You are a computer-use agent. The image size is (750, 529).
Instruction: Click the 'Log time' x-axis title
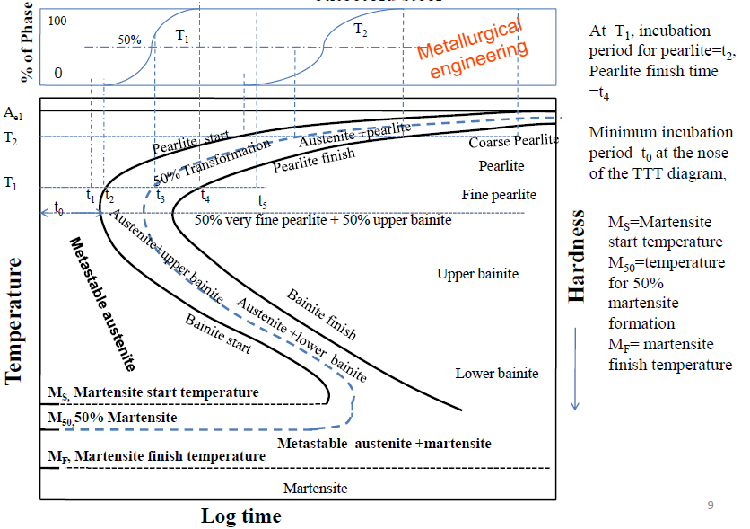pos(241,516)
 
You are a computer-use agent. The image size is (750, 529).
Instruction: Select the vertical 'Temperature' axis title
pos(13,322)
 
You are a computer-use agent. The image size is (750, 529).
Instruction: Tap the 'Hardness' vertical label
pos(576,256)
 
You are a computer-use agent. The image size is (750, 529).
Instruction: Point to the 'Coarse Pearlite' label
pos(514,141)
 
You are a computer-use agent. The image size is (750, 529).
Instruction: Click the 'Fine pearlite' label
pos(499,195)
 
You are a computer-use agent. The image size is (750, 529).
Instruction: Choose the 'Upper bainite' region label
pos(477,274)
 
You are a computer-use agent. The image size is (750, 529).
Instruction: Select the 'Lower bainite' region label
pos(496,374)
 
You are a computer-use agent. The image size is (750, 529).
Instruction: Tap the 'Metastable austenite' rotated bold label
pos(102,304)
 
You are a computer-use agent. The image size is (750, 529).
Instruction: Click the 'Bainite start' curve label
pos(218,334)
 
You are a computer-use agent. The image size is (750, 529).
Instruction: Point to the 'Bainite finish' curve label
pos(322,314)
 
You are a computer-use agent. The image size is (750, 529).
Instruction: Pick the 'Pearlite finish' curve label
pos(314,161)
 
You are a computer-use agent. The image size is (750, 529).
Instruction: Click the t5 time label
pos(263,201)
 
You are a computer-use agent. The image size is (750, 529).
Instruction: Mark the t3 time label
pos(161,196)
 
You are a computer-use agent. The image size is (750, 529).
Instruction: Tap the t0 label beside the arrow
pos(58,208)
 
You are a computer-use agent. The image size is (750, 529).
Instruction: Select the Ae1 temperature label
pos(13,113)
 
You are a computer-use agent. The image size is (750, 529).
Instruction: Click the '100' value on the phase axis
pos(57,21)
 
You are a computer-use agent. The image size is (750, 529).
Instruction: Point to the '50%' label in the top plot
pos(129,40)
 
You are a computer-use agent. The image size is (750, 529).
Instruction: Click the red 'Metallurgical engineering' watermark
pos(473,49)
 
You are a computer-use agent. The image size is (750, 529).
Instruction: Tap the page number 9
pos(711,505)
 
